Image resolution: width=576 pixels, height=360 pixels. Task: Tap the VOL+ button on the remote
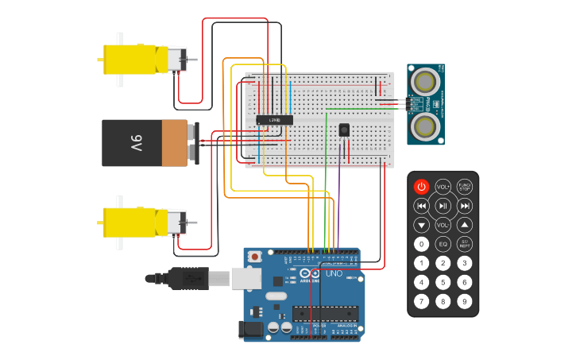coord(443,187)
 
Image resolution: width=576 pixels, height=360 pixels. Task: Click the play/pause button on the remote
coord(443,206)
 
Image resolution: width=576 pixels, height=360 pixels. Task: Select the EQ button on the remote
coord(443,244)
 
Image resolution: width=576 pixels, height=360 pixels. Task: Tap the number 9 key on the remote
coord(465,301)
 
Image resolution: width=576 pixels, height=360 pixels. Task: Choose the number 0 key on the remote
coord(422,244)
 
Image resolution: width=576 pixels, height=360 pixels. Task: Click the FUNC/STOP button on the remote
coord(465,187)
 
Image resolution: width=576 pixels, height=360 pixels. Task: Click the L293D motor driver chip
coord(275,120)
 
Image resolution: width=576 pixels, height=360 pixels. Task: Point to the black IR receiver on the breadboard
coord(344,130)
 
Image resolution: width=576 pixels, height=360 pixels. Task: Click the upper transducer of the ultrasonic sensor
coord(426,81)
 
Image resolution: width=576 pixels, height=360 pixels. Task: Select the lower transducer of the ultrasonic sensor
coord(426,126)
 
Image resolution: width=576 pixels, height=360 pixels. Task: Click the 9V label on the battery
coord(136,143)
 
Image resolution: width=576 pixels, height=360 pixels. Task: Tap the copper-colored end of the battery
coord(174,143)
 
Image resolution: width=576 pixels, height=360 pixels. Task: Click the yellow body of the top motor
coord(131,60)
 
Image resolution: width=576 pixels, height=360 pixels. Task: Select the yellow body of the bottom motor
coord(131,223)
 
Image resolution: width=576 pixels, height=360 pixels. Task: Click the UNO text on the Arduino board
coord(334,274)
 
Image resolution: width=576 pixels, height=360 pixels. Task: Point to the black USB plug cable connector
coord(187,278)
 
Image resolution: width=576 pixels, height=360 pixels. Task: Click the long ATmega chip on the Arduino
coord(324,313)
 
